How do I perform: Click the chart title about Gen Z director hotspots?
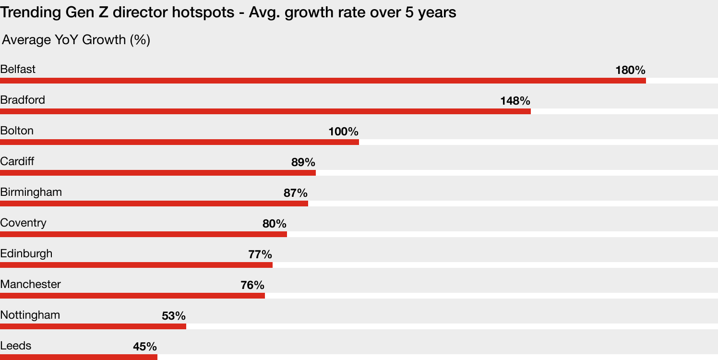coord(228,12)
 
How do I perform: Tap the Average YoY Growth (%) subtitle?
coord(76,40)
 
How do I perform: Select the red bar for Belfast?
coord(323,81)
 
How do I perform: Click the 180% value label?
coord(630,70)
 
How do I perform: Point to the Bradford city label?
coord(23,100)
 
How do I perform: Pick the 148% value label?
coord(515,101)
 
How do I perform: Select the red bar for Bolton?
coord(179,142)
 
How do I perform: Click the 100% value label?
coord(343,132)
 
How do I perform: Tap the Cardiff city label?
coord(17,161)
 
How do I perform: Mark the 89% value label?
coord(303,162)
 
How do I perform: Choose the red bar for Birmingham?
coord(154,204)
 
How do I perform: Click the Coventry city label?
coord(23,223)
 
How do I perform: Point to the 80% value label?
coord(274,224)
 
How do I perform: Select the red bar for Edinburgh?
coord(136,265)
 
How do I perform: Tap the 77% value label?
coord(260,254)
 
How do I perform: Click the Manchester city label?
coord(30,284)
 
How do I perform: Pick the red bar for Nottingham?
coord(93,326)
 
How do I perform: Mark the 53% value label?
coord(173,316)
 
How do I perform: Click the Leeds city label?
coord(16,346)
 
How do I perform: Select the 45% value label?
coord(144,347)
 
